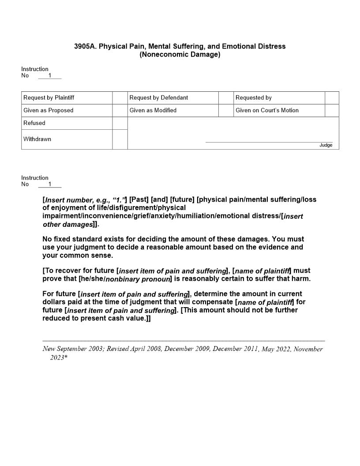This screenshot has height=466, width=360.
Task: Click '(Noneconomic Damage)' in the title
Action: (180, 55)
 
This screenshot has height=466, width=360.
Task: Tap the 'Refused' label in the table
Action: (34, 123)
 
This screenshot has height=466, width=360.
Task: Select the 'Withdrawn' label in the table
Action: (37, 139)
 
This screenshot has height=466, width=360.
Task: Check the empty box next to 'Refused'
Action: (120, 123)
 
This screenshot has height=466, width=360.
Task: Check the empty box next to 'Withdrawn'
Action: (120, 139)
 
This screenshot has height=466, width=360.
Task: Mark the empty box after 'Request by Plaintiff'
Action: (120, 98)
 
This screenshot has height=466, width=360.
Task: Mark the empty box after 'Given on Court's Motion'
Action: (332, 110)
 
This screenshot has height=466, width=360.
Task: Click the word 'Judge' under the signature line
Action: (326, 145)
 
